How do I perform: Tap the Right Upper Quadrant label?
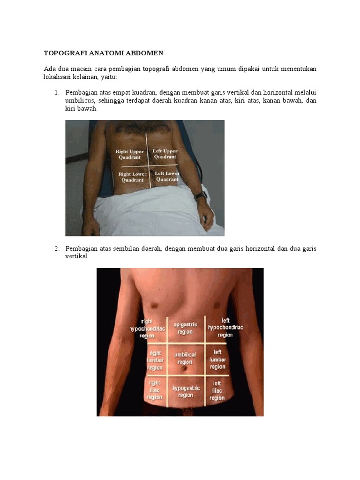point(129,154)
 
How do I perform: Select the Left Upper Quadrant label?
point(165,154)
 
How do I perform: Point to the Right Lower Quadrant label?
point(133,177)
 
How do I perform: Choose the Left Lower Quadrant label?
point(167,176)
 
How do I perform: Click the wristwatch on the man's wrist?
point(201,195)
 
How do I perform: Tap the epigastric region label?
point(186,328)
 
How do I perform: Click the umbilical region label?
point(185,359)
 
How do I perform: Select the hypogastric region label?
point(186,392)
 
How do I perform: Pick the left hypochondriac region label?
point(225,328)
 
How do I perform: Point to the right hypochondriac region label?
point(147,329)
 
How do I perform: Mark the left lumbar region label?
point(217,360)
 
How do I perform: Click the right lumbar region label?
point(155,360)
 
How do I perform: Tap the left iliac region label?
point(217,391)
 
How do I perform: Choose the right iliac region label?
point(155,390)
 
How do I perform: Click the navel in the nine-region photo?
point(185,369)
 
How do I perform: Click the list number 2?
point(57,248)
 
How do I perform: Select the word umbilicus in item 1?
point(79,101)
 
